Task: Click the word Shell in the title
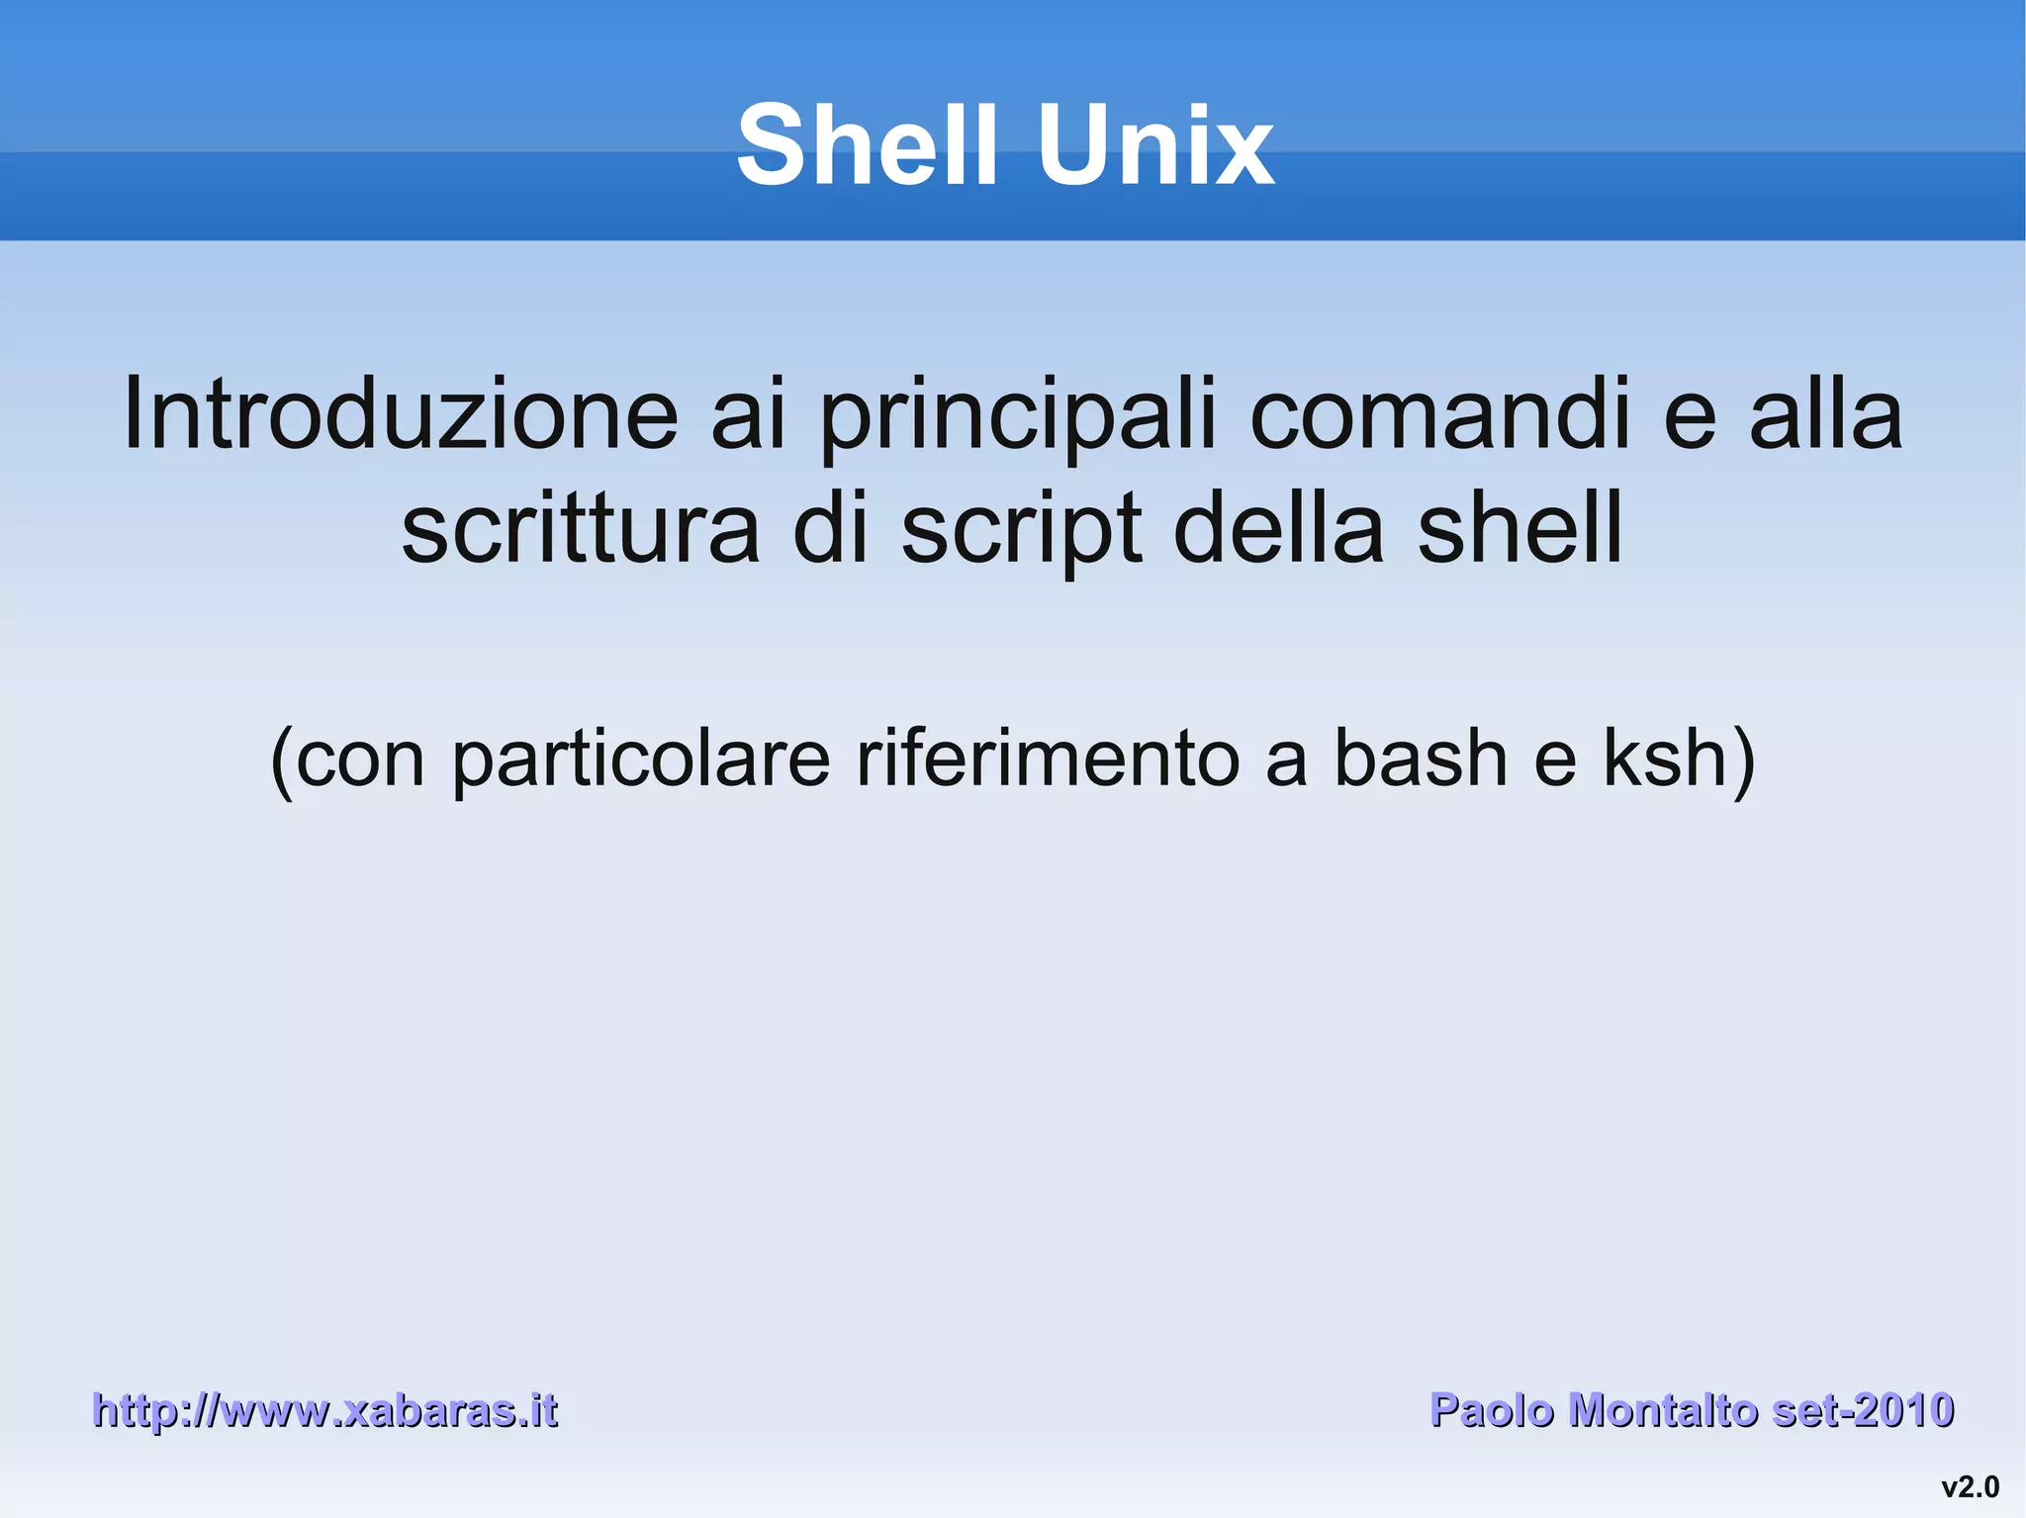point(867,146)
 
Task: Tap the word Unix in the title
point(1154,146)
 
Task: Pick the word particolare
point(641,759)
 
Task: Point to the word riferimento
point(1047,759)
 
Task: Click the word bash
point(1421,759)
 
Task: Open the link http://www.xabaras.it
point(324,1410)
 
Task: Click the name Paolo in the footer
point(1492,1410)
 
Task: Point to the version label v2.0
point(1970,1487)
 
